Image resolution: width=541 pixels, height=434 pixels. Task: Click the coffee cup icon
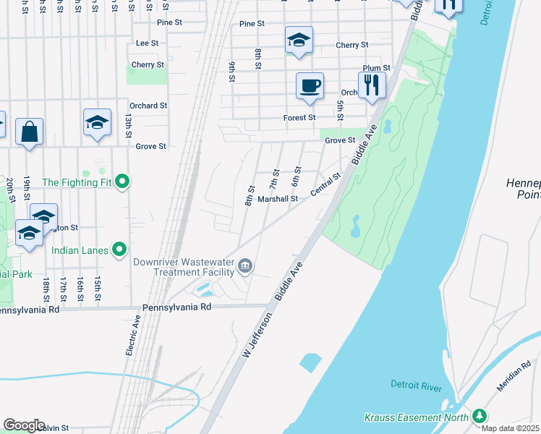coord(310,86)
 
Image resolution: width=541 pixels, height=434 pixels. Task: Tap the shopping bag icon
coord(29,132)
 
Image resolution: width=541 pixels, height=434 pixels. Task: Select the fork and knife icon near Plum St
coord(372,84)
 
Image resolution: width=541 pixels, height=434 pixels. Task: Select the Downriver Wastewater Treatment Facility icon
coord(245,267)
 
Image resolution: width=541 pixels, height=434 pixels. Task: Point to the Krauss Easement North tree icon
coord(478,416)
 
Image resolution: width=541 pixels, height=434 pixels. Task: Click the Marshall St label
coord(278,198)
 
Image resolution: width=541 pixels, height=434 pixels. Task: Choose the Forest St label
coord(299,117)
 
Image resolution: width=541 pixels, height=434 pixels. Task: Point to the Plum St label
coord(376,68)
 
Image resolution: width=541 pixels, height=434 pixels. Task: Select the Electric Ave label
coord(132,335)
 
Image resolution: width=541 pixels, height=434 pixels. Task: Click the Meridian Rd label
coord(513,376)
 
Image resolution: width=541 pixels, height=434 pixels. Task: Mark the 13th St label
coord(128,125)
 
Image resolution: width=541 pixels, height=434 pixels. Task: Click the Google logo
coord(24,425)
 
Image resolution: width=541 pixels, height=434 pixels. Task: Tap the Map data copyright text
coord(511,428)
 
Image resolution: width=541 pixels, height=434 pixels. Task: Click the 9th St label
coord(232,72)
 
